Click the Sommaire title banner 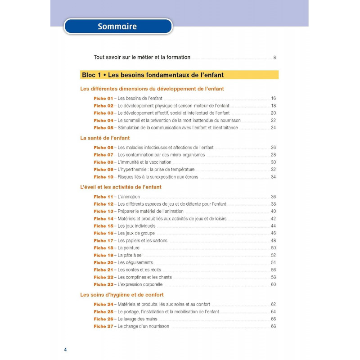118,27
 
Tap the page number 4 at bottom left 66,350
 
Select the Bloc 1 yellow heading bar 179,75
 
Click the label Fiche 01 103,98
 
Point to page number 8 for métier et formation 274,58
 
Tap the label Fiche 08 103,162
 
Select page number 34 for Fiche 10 273,177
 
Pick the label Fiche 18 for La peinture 103,248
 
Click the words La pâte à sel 130,255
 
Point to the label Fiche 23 103,284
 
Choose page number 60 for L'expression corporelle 273,284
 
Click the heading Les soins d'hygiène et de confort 121,295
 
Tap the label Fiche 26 103,319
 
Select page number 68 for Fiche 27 273,326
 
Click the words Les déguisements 135,262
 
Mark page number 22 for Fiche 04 273,120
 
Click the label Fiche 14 103,219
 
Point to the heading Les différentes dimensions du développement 152,89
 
